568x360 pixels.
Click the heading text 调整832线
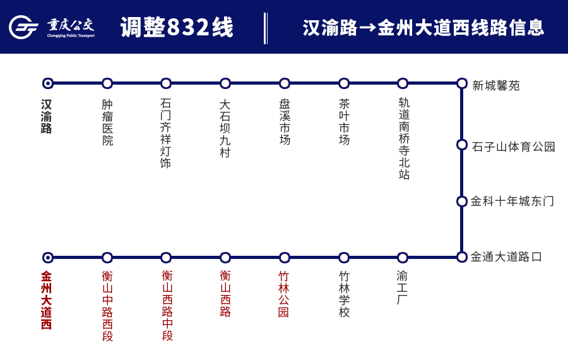point(177,28)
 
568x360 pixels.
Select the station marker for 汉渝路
point(47,83)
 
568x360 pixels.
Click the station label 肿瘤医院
point(107,123)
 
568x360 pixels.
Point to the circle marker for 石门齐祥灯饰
point(166,83)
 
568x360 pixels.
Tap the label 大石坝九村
point(225,128)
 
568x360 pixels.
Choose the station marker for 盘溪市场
point(285,83)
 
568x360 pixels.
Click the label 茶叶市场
point(344,121)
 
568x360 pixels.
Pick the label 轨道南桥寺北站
point(404,138)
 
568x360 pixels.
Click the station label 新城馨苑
point(496,85)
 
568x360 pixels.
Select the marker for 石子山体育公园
point(462,145)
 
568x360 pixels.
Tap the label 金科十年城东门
point(512,201)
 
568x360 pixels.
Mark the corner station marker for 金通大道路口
point(462,257)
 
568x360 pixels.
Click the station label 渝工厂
point(403,287)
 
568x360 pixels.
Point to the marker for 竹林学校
point(344,258)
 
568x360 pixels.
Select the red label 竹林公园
point(284,294)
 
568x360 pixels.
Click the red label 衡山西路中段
point(167,305)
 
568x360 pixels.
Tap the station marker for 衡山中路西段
point(107,258)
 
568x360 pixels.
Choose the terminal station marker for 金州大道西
point(47,258)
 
